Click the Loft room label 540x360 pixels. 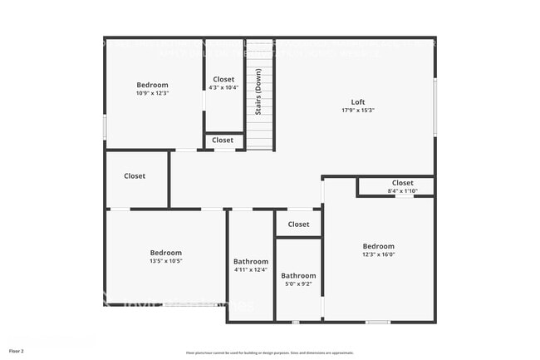pyautogui.click(x=358, y=102)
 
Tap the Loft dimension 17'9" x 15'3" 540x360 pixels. pyautogui.click(x=358, y=111)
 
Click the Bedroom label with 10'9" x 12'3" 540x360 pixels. pyautogui.click(x=152, y=85)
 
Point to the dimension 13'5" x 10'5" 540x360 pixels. pyautogui.click(x=165, y=261)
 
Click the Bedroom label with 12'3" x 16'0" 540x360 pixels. pyautogui.click(x=378, y=246)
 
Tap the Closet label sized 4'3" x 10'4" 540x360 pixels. pyautogui.click(x=223, y=80)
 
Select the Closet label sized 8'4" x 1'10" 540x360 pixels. pyautogui.click(x=402, y=183)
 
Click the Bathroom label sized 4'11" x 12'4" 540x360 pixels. pyautogui.click(x=251, y=261)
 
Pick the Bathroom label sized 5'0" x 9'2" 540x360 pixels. pyautogui.click(x=298, y=276)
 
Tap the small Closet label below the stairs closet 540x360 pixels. pyautogui.click(x=223, y=141)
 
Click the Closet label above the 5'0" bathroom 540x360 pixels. pyautogui.click(x=298, y=224)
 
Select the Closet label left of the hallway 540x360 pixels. pyautogui.click(x=135, y=176)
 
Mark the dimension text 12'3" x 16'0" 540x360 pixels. pyautogui.click(x=378, y=254)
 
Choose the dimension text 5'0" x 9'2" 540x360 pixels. pyautogui.click(x=298, y=284)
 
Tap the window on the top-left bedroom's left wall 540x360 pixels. pyautogui.click(x=105, y=126)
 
